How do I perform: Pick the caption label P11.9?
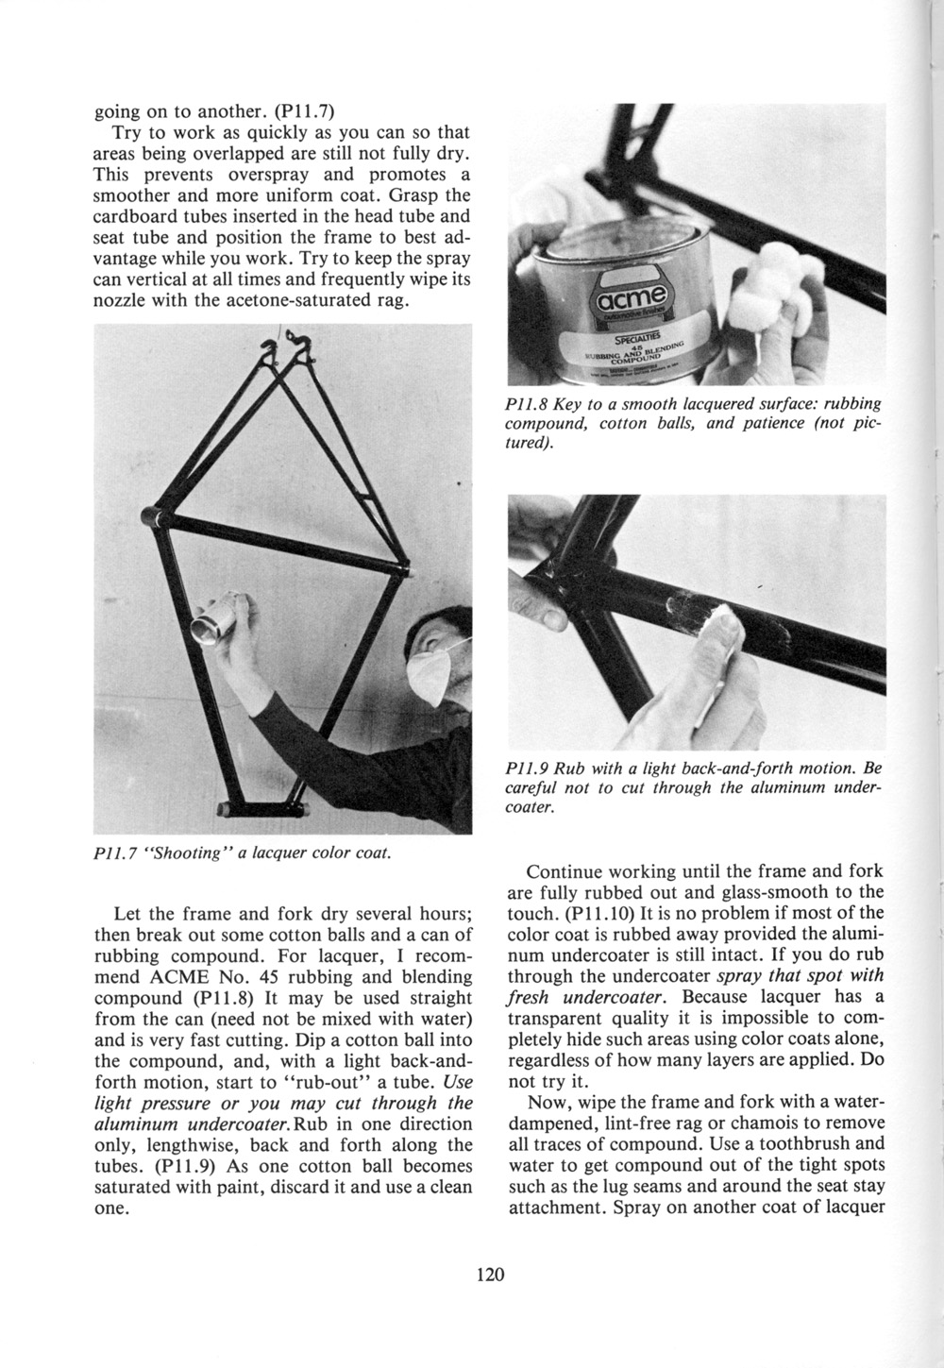click(527, 768)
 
